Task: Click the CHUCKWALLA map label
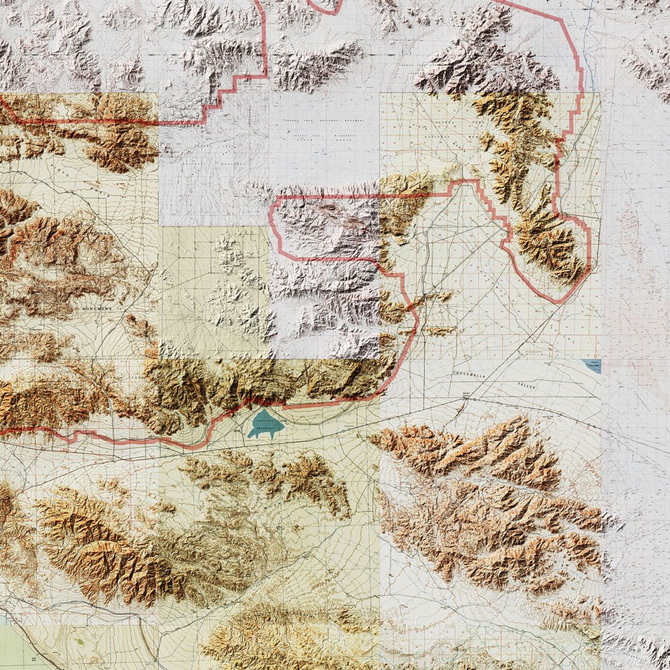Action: click(x=473, y=373)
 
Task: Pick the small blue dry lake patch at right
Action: click(x=592, y=365)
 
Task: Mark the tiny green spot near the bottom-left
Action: click(x=80, y=642)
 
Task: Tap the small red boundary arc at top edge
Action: click(x=325, y=8)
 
